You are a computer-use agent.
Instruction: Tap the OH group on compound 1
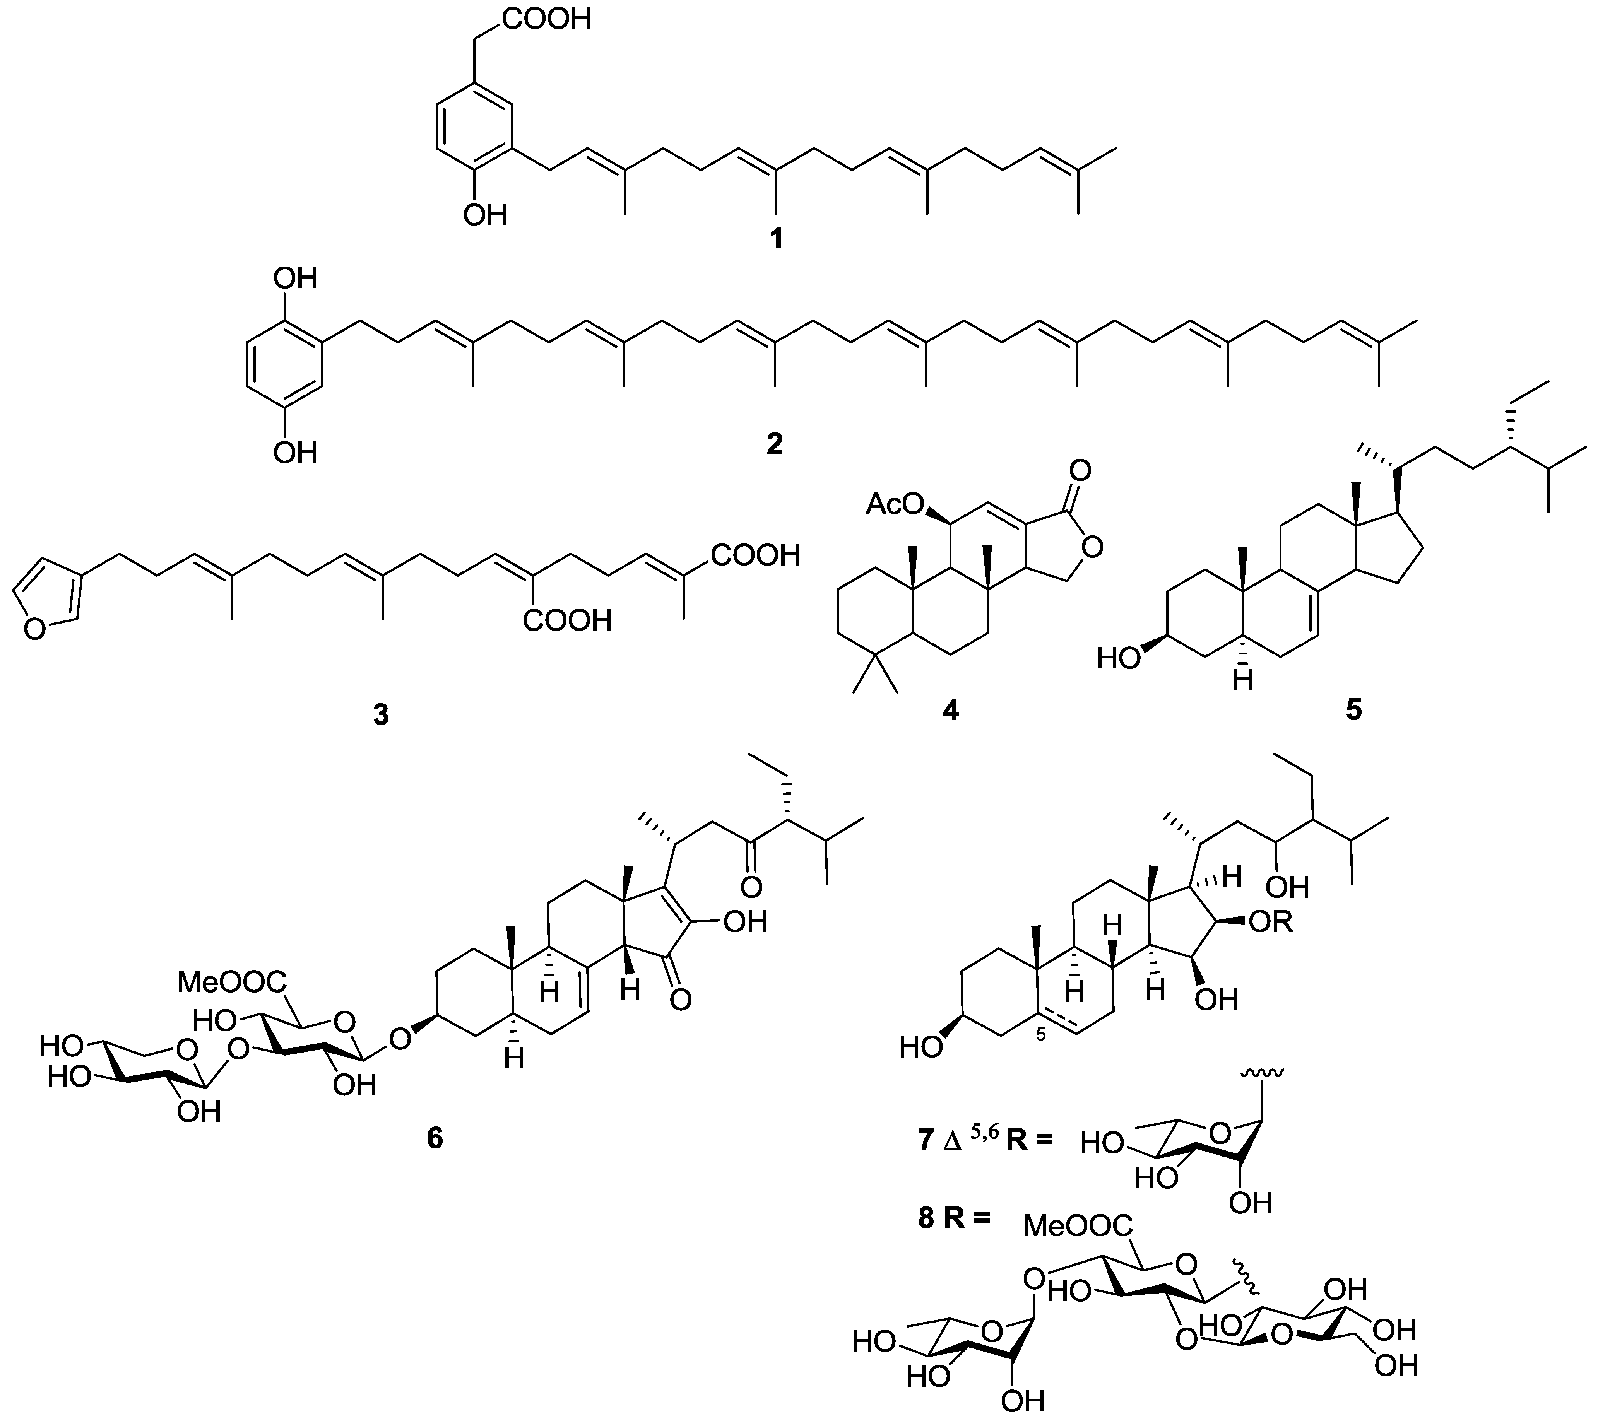(x=485, y=214)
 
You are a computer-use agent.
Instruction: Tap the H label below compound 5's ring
(x=1243, y=682)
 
